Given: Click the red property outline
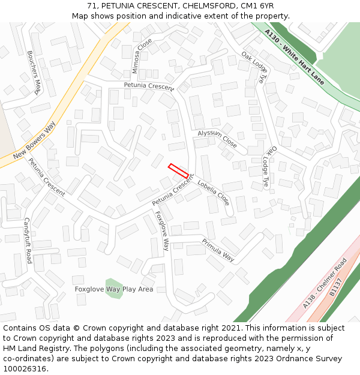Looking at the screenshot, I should [178, 170].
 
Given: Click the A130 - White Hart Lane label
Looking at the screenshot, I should [294, 57].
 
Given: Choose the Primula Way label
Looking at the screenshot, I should [218, 250].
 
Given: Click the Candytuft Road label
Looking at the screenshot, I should [28, 241].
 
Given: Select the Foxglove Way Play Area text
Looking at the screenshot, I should [114, 289].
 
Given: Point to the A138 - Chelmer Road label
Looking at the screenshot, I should [325, 283].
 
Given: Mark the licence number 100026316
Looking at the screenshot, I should [25, 368].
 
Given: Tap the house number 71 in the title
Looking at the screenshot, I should [92, 6].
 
